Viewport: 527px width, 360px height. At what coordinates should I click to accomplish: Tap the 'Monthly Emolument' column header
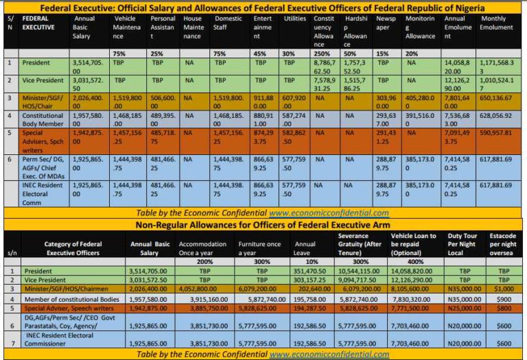click(x=497, y=23)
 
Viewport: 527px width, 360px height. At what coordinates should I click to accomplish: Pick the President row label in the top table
click(x=34, y=62)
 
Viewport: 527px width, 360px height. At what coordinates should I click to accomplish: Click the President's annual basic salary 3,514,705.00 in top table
click(x=89, y=66)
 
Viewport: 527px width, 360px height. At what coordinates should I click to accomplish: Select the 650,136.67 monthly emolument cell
click(x=498, y=98)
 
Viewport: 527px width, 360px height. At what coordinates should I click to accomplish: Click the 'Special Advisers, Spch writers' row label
click(x=41, y=138)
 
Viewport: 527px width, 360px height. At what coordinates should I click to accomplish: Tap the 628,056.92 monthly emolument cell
click(x=498, y=117)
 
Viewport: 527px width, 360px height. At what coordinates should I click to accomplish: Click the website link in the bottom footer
click(x=329, y=354)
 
